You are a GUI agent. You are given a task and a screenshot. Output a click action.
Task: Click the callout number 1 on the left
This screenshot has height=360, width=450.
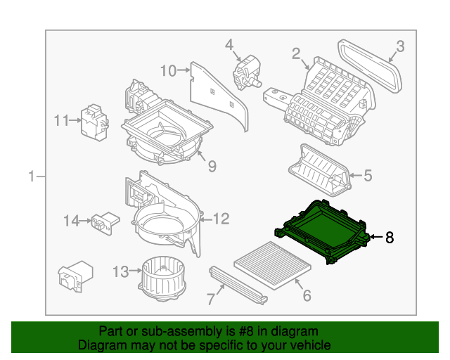[32, 176]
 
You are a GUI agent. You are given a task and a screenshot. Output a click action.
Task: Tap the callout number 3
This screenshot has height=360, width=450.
[399, 47]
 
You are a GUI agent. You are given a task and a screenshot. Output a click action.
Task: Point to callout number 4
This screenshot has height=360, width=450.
[229, 45]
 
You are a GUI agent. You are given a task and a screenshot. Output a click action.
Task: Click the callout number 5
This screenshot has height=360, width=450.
[367, 176]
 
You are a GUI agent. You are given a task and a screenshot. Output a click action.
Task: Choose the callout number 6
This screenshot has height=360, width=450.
[306, 296]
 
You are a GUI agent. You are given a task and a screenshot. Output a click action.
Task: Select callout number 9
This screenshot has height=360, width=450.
[211, 166]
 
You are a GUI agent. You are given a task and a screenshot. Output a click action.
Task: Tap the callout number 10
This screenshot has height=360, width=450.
[168, 70]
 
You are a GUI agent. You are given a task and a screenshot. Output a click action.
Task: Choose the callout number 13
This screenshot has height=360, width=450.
[120, 271]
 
